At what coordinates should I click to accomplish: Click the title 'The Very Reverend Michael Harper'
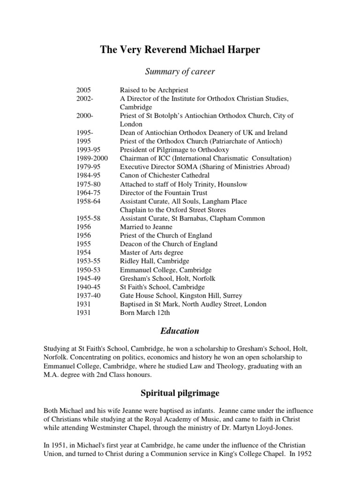[x=180, y=50]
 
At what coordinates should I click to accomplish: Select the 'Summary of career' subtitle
[x=180, y=71]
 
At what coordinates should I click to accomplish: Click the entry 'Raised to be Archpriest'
[x=154, y=90]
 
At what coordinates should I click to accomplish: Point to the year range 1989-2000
[x=92, y=158]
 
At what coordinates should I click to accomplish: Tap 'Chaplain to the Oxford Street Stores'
[x=172, y=210]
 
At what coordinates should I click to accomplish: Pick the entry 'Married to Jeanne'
[x=146, y=227]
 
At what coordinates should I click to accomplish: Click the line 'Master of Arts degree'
[x=151, y=253]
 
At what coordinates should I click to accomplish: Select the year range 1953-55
[x=88, y=261]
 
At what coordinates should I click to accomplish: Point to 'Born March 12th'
[x=145, y=313]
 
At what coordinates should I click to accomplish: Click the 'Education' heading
[x=180, y=331]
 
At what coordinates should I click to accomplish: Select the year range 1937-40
[x=88, y=295]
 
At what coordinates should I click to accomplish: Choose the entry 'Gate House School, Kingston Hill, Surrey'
[x=181, y=295]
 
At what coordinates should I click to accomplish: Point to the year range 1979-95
[x=88, y=167]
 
